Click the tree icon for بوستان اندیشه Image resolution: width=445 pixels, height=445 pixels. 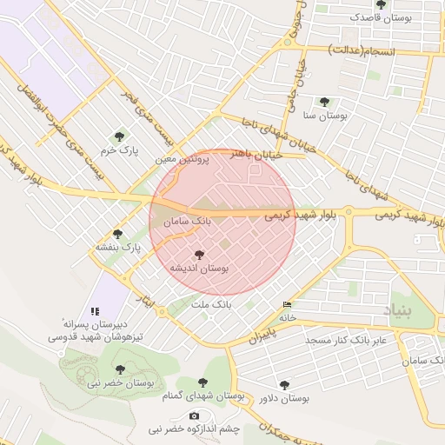coord(200,255)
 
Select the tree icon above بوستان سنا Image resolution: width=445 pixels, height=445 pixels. coord(324,102)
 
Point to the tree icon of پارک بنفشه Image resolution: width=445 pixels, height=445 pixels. coord(118,233)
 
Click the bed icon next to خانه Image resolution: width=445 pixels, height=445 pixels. coord(288,304)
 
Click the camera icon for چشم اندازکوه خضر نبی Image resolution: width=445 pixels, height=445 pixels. coord(194,415)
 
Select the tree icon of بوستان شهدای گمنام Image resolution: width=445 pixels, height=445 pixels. coord(203,382)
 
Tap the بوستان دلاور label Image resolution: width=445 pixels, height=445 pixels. coord(284,397)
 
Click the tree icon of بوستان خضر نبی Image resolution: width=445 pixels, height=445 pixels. coord(120,369)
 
